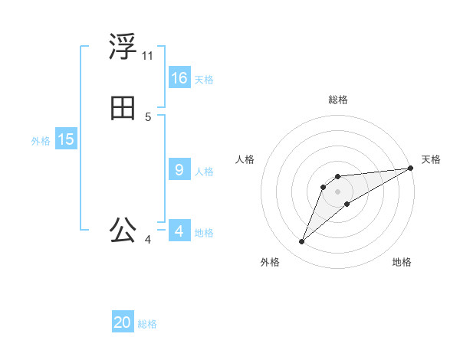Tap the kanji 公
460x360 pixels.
(123, 230)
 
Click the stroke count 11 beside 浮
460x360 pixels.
(147, 56)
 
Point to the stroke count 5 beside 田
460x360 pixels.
(148, 117)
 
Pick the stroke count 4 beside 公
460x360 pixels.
(148, 240)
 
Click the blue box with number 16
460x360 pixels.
(179, 78)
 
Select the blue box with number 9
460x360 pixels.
(179, 170)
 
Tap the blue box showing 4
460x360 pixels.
(179, 231)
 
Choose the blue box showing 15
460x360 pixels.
(66, 139)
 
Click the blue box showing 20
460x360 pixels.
(123, 322)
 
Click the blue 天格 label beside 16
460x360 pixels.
(204, 80)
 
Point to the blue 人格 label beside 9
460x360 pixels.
(204, 172)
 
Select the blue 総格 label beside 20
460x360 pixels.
(147, 324)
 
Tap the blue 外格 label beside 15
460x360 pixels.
(41, 141)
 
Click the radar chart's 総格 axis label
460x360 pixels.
(338, 100)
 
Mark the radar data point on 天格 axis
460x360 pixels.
(410, 168)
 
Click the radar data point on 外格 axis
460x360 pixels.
(302, 242)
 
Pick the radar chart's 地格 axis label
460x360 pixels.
(402, 263)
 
